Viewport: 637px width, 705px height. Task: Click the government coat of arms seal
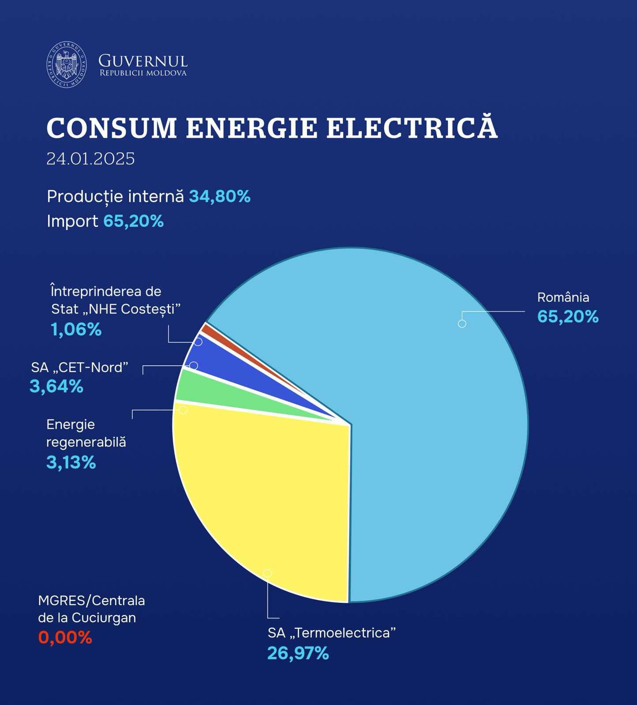click(x=67, y=65)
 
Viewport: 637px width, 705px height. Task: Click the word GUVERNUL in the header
click(x=143, y=61)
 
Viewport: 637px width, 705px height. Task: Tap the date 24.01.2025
click(x=90, y=159)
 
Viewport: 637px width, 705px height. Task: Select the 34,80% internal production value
click(x=220, y=197)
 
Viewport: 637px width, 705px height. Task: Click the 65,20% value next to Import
click(x=133, y=221)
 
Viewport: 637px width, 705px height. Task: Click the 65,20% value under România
click(x=568, y=316)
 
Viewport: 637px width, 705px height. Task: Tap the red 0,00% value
click(x=65, y=637)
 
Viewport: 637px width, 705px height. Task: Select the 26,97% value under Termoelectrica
click(x=298, y=653)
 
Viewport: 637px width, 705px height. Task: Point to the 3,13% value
click(x=71, y=463)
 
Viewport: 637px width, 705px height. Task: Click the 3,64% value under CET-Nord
click(x=56, y=386)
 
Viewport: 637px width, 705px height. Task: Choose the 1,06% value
click(x=76, y=330)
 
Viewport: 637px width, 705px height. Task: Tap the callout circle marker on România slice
click(x=462, y=324)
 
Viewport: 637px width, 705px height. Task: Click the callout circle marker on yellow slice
click(x=267, y=573)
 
